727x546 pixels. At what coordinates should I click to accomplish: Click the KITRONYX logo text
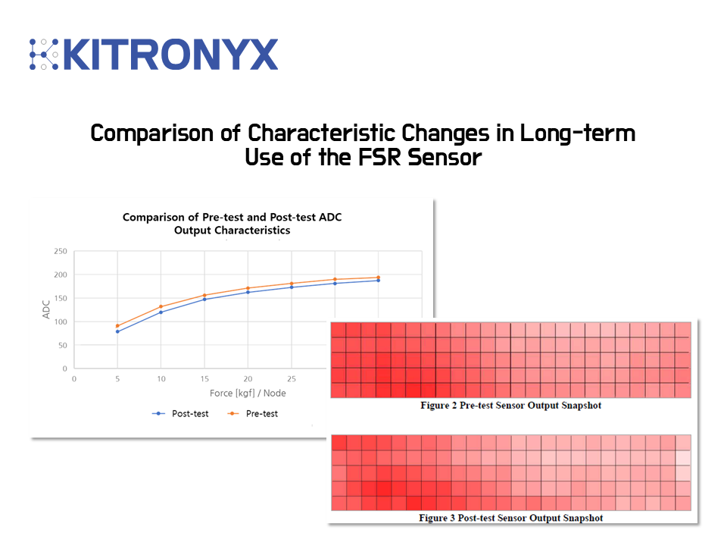click(x=170, y=55)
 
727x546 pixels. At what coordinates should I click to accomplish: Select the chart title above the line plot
click(x=232, y=224)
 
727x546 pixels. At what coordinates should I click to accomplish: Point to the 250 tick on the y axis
click(x=60, y=252)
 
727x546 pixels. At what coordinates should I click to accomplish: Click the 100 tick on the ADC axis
click(x=60, y=322)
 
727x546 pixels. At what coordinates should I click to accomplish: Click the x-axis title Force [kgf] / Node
click(x=248, y=393)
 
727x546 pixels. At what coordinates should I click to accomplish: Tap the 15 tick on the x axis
click(x=204, y=378)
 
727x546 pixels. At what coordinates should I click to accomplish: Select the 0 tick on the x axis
click(x=74, y=378)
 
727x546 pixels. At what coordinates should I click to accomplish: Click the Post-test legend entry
click(x=181, y=413)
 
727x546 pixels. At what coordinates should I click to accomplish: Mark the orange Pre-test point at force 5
click(x=117, y=326)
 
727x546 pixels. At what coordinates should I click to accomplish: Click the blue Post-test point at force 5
click(x=117, y=331)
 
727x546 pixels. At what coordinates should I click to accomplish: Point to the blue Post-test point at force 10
click(x=161, y=312)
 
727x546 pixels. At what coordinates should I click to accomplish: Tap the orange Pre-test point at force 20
click(x=248, y=288)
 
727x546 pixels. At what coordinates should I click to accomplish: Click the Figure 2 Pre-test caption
click(x=511, y=406)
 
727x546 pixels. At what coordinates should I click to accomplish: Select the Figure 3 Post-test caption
click(x=511, y=518)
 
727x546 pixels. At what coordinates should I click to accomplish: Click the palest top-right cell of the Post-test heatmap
click(x=683, y=443)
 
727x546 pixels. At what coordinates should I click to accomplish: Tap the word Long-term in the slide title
click(x=578, y=133)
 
